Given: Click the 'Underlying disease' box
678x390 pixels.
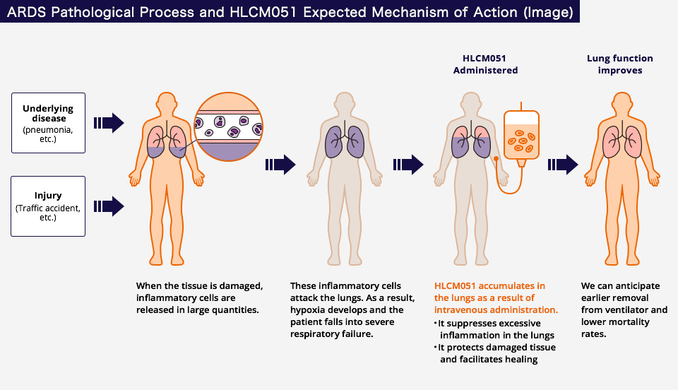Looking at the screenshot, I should (48, 122).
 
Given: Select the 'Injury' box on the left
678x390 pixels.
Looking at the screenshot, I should (48, 206).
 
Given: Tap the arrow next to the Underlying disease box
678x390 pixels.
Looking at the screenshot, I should (109, 122).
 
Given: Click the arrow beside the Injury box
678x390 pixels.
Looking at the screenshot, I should (109, 206).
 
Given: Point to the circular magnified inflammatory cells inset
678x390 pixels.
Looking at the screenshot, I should (229, 128).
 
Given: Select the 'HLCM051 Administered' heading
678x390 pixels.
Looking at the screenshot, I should (485, 64).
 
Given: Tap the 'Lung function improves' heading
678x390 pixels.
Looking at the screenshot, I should (620, 64).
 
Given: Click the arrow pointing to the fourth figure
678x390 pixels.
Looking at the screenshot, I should (563, 165).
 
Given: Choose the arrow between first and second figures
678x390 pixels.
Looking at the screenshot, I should (280, 165).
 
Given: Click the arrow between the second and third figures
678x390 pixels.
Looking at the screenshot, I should (408, 165).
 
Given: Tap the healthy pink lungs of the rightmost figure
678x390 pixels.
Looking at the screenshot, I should (620, 140).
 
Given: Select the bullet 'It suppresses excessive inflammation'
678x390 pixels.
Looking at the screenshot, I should (496, 329).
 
